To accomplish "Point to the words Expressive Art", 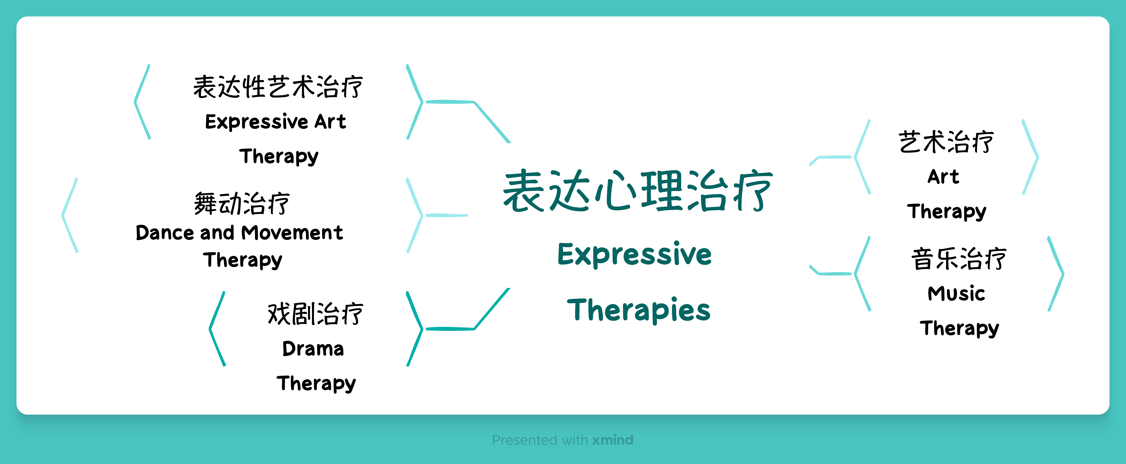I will click(x=275, y=121).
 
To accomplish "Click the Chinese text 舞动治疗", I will click(x=242, y=204).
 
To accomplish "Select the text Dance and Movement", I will click(x=239, y=232).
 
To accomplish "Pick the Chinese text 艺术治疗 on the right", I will click(x=946, y=142).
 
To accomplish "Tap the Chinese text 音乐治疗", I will click(x=959, y=259).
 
